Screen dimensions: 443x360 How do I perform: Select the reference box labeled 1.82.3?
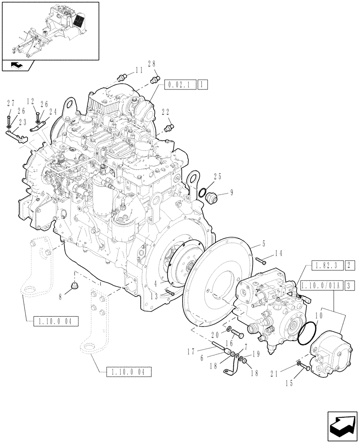[x=326, y=266]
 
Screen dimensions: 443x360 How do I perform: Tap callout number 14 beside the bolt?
[x=278, y=253]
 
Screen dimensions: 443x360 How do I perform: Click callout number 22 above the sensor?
[x=165, y=113]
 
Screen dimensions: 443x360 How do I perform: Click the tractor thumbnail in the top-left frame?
[x=50, y=30]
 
